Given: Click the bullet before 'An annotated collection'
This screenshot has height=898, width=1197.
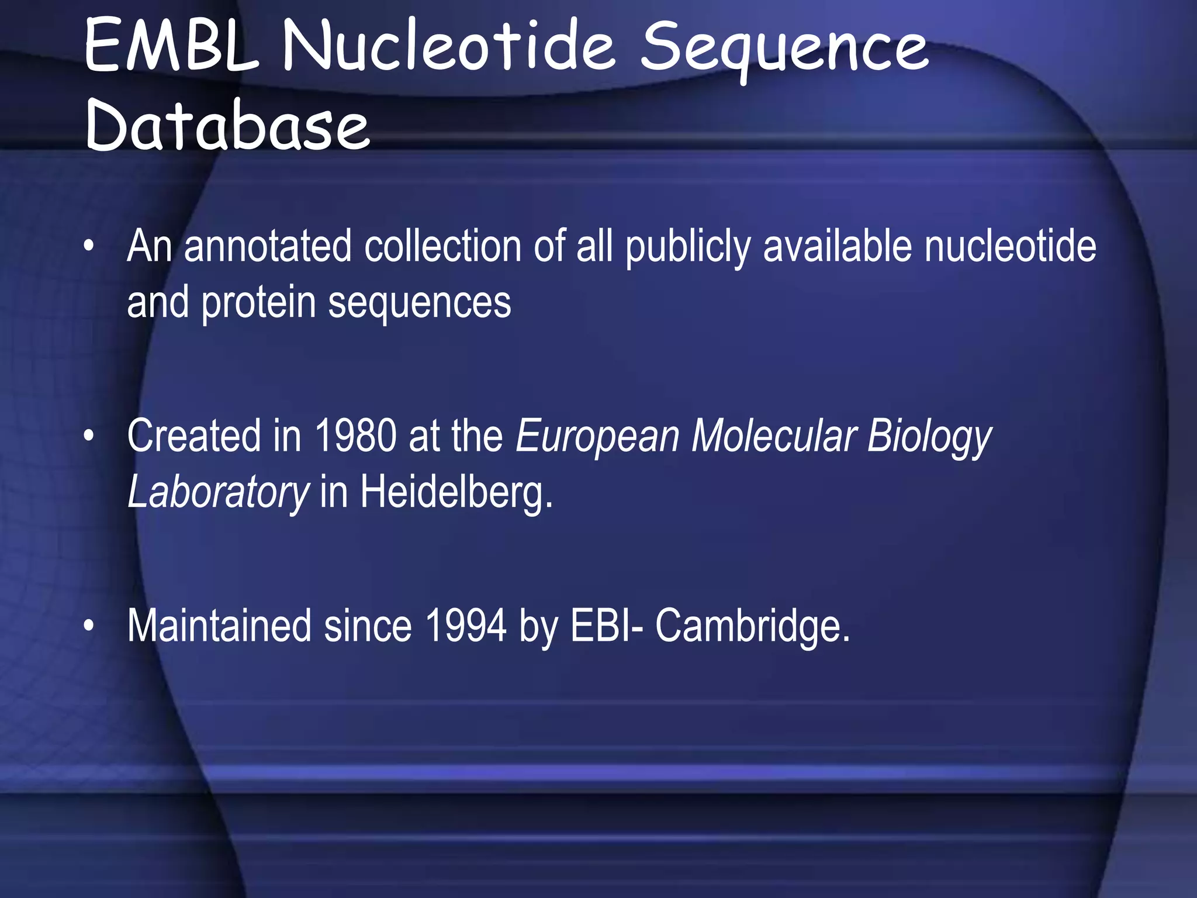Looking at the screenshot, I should [x=88, y=246].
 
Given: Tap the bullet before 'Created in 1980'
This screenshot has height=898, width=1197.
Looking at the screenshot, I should [x=88, y=436].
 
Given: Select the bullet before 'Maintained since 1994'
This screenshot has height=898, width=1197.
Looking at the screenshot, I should [x=88, y=626].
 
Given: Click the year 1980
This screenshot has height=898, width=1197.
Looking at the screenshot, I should [x=355, y=436].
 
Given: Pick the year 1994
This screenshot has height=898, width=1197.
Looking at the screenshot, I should [x=465, y=626].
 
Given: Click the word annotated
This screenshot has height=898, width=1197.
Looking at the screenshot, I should [x=268, y=246].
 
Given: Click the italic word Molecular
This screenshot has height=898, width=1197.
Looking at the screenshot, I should [x=774, y=436].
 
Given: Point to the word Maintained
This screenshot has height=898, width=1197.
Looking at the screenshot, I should [x=219, y=626].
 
